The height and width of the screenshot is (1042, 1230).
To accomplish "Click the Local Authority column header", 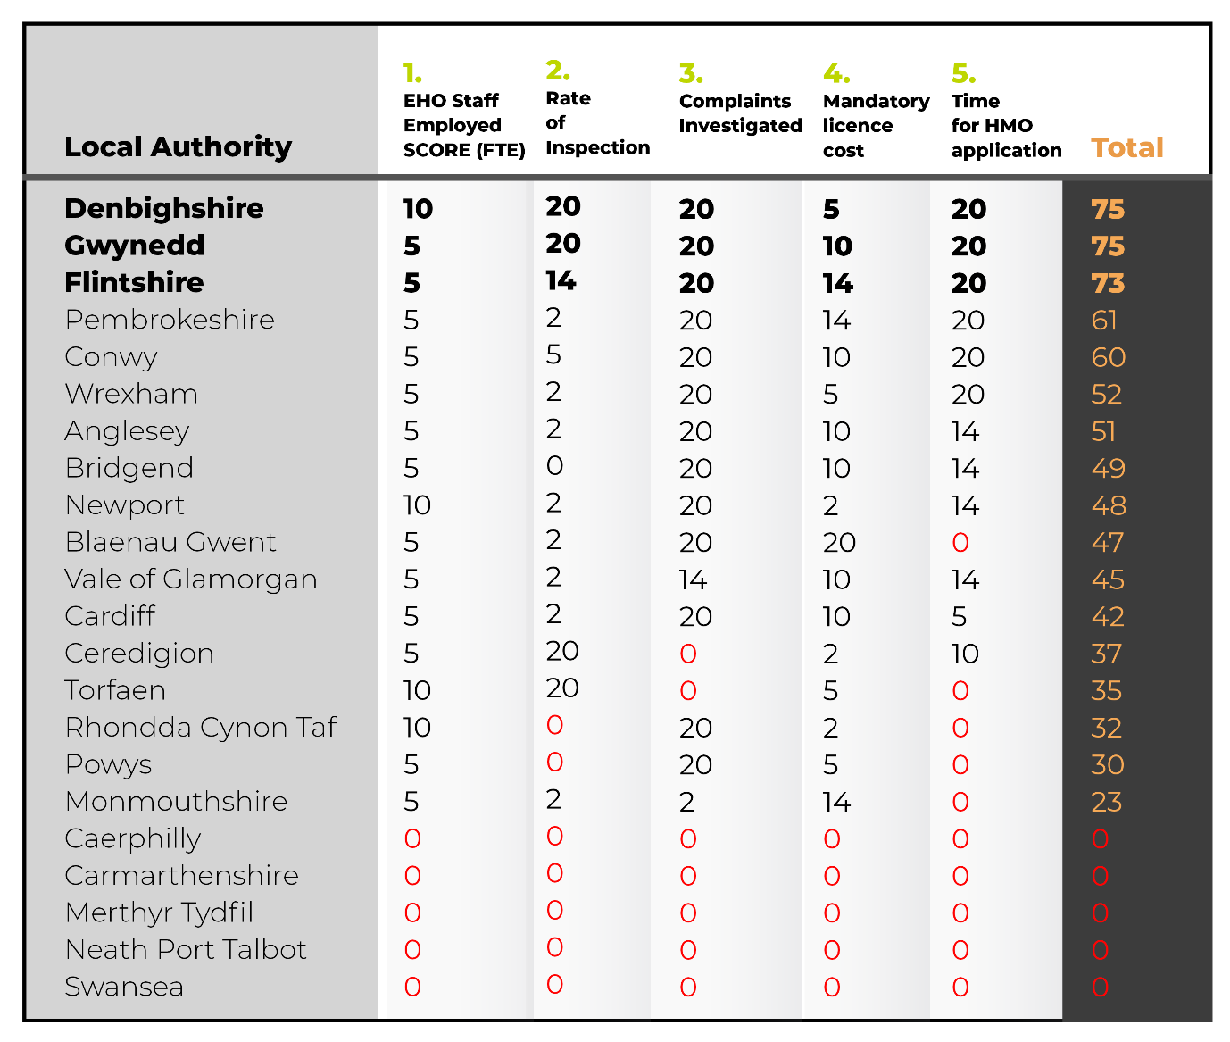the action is pos(178,146).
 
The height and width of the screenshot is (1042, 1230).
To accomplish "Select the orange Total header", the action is pos(1126,147).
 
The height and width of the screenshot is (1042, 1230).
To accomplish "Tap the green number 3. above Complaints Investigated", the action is pos(691,73).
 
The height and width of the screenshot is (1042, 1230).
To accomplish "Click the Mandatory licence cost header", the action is pos(876,125).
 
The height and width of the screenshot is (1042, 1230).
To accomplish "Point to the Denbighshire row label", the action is pos(163,208).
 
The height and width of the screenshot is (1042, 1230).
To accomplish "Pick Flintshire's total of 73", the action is pos(1108,283).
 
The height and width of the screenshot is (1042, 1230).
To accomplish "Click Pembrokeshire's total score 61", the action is pos(1103,321).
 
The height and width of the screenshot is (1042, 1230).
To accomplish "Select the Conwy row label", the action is pos(111,357).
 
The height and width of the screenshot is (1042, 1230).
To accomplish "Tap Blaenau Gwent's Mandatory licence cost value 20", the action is pos(839,543).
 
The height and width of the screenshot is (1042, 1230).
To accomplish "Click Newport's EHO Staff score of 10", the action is pos(417,505).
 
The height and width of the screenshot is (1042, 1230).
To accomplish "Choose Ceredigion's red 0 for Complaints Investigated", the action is pos(688,654).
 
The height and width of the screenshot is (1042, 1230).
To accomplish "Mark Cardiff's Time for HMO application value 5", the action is pos(959,617).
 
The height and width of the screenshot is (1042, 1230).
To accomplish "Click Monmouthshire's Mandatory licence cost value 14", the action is pos(836,802).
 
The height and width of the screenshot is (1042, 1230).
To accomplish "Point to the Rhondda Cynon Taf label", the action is pos(201,728).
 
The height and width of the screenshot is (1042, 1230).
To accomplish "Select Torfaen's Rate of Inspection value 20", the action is pos(562,688).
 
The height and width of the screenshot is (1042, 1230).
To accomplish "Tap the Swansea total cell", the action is pos(1100,988).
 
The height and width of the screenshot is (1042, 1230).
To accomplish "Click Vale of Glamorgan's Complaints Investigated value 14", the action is pos(693,580).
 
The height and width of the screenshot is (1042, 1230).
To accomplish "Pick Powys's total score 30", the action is pos(1108,765).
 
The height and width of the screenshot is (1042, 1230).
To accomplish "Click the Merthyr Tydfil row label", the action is pos(159,913).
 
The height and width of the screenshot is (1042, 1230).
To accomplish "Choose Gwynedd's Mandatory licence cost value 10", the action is pos(837,246).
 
